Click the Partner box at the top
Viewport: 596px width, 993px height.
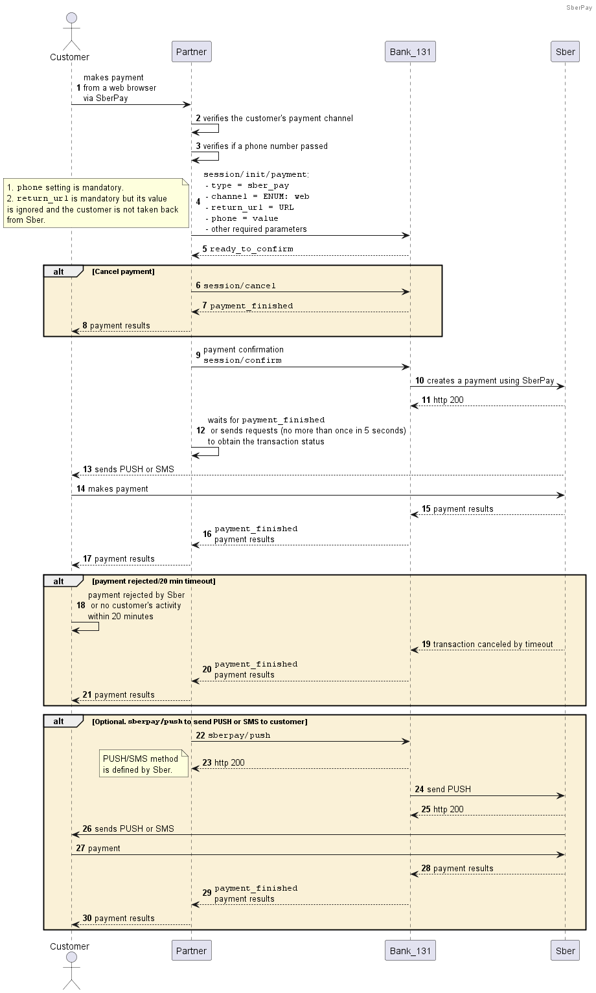tap(192, 51)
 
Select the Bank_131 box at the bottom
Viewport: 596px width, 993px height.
tap(410, 950)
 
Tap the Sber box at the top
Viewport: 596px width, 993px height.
tap(565, 51)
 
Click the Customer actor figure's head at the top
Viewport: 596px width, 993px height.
tap(71, 17)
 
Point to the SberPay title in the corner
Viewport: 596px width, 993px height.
tap(579, 8)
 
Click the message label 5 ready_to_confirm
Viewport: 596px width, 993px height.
tap(248, 249)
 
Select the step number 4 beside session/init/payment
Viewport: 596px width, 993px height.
tap(198, 201)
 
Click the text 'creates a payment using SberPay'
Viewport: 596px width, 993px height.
tap(490, 380)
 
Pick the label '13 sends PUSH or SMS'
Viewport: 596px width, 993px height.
tap(129, 469)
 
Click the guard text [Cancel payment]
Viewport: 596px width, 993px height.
tap(123, 271)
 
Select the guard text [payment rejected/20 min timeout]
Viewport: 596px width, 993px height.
tap(154, 581)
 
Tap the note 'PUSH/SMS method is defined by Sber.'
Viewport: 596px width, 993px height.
tap(144, 764)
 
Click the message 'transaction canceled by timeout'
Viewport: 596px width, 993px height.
tap(493, 644)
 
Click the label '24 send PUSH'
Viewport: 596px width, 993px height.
tap(443, 789)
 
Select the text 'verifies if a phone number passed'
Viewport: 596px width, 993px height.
tap(265, 146)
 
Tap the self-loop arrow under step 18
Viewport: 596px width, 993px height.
tap(86, 626)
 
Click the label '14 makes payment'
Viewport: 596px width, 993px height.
tap(112, 488)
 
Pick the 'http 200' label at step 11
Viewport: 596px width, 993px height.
tap(448, 400)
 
